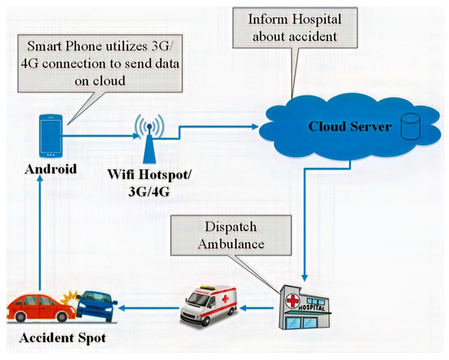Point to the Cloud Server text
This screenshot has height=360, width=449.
[341, 128]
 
